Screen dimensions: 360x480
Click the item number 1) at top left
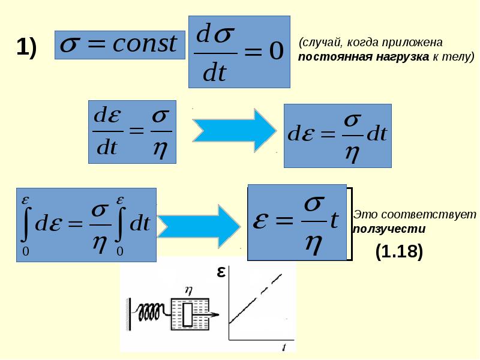tap(26, 47)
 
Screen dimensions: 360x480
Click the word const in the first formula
tap(146, 44)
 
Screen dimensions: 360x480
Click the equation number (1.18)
tap(399, 251)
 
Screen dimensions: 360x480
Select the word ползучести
tap(389, 229)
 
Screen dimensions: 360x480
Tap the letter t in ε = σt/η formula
tap(334, 221)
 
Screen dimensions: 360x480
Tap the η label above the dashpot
tap(188, 289)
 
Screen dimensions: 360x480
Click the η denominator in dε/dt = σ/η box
tap(160, 148)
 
